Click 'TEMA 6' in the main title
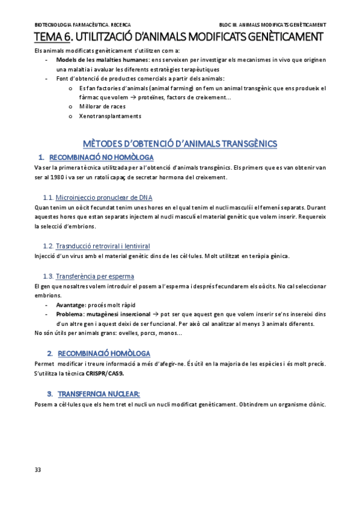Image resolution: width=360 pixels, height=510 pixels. pos(52,37)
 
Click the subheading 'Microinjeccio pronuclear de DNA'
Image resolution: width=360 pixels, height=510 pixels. pos(104,197)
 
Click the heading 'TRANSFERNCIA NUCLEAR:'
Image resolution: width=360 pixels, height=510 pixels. pos(99,393)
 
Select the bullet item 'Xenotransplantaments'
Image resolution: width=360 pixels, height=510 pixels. pos(110,116)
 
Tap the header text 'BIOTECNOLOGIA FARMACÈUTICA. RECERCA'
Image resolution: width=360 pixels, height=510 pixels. pos(75,25)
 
